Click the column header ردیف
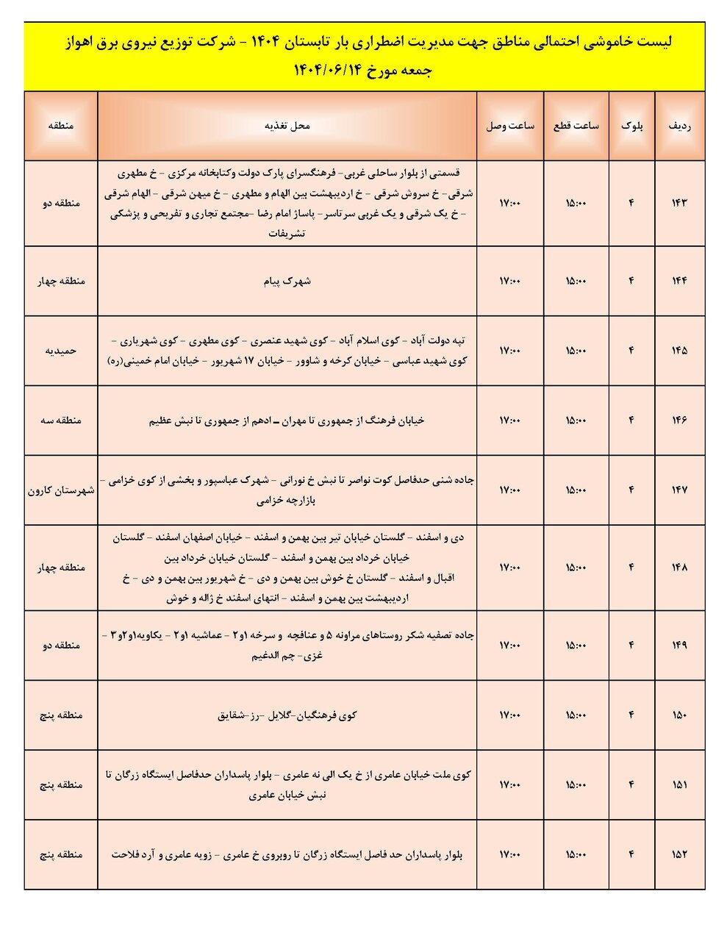point(679,126)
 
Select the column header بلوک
point(631,126)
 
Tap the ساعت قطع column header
point(576,126)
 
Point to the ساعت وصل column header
point(509,126)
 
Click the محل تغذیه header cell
point(287,126)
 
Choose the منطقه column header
point(61,126)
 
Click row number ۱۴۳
point(679,203)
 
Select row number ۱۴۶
point(679,421)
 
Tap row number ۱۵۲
point(679,854)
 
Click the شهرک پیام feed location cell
point(287,281)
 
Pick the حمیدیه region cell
point(61,351)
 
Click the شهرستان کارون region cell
point(61,490)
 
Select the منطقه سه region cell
point(61,421)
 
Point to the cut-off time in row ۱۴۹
point(576,645)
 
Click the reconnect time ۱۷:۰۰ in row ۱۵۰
point(509,715)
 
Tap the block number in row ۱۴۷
point(631,490)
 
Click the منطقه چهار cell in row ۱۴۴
point(61,281)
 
